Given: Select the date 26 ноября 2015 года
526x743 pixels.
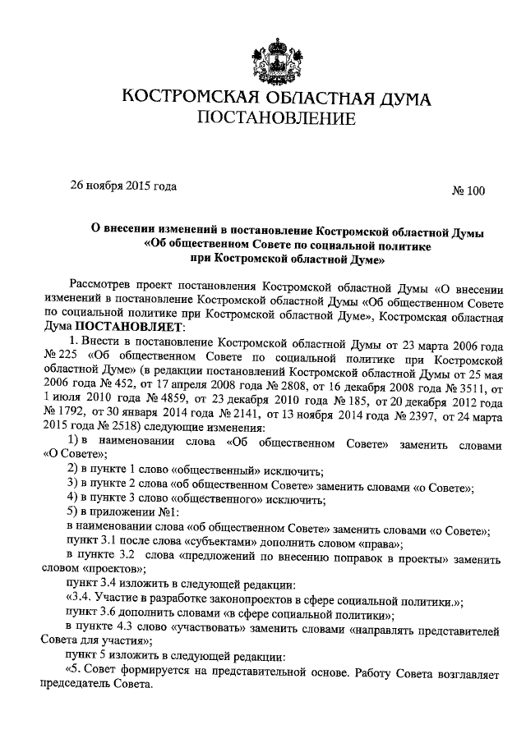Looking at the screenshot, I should click(x=123, y=186).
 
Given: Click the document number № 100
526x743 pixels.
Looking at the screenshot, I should click(x=468, y=191).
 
